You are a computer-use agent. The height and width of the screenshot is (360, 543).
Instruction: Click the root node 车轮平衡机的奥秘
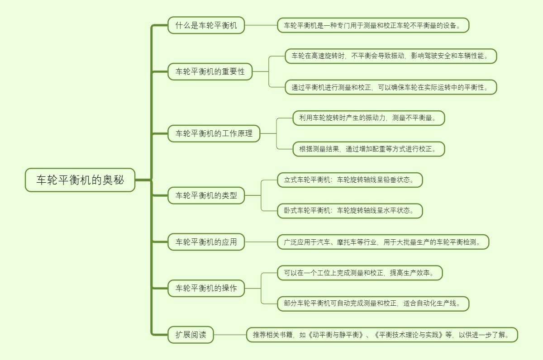[80, 180]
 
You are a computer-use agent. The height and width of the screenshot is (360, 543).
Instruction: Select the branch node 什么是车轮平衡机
[206, 25]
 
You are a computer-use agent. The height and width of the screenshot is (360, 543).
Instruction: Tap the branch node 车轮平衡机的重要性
[210, 71]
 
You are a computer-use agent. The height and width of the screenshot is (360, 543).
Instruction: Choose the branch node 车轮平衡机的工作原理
[214, 133]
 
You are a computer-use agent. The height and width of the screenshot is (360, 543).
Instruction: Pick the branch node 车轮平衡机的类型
[206, 195]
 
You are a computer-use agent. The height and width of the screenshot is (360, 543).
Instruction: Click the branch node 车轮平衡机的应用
[206, 242]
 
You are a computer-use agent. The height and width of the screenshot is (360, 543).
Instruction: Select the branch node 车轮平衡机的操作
[206, 288]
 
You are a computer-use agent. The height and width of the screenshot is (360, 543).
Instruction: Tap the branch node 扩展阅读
[191, 335]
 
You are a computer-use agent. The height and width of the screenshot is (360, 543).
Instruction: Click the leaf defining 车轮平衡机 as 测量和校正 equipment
[373, 25]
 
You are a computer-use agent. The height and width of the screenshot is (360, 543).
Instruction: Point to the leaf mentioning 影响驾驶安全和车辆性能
[391, 56]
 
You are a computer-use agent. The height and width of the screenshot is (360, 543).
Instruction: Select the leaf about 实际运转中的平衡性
[391, 87]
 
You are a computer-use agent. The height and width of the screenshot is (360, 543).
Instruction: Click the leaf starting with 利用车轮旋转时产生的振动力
[368, 118]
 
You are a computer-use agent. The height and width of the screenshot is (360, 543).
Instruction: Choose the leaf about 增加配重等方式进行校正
[368, 149]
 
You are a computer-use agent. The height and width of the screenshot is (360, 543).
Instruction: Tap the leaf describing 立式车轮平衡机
[350, 180]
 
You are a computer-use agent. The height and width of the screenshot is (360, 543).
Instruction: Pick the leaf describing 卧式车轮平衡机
[350, 211]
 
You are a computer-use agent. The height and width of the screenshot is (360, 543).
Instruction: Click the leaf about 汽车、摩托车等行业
[383, 242]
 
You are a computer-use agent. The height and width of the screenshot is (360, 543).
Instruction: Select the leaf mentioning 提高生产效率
[360, 273]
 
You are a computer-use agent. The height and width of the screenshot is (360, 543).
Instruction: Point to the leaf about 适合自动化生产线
[373, 303]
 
